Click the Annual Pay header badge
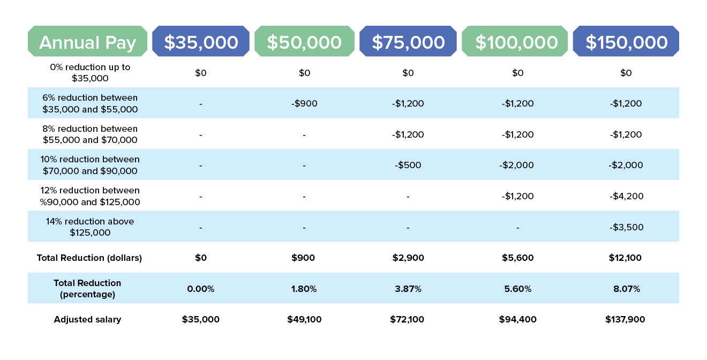pyautogui.click(x=87, y=41)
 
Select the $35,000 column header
pyautogui.click(x=201, y=41)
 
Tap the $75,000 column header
pyautogui.click(x=408, y=41)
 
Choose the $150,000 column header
pyautogui.click(x=626, y=41)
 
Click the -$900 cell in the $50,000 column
pyautogui.click(x=304, y=103)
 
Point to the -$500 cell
pyautogui.click(x=408, y=165)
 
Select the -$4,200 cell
pyautogui.click(x=626, y=196)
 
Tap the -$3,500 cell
pyautogui.click(x=626, y=227)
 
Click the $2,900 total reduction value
pyautogui.click(x=408, y=258)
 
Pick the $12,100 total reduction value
pyautogui.click(x=625, y=258)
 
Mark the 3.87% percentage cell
pyautogui.click(x=408, y=289)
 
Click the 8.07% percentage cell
pyautogui.click(x=627, y=289)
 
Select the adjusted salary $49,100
pyautogui.click(x=304, y=319)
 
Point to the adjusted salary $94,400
pyautogui.click(x=517, y=319)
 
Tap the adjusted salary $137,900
pyautogui.click(x=625, y=319)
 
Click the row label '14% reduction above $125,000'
pyautogui.click(x=90, y=227)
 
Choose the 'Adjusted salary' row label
pyautogui.click(x=87, y=320)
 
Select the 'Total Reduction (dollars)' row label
pyautogui.click(x=89, y=258)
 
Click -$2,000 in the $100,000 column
pyautogui.click(x=516, y=165)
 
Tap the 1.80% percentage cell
pyautogui.click(x=304, y=289)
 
